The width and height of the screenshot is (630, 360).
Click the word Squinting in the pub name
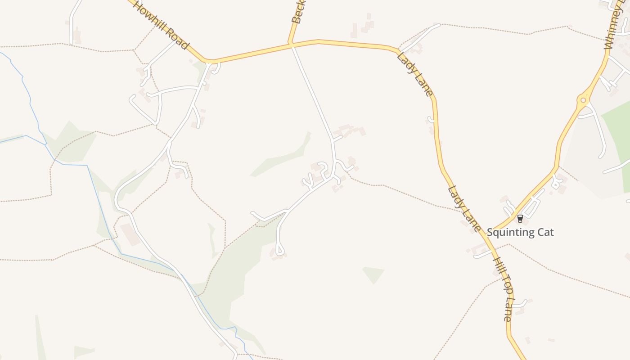(x=508, y=233)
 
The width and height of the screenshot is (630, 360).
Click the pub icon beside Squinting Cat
(x=520, y=219)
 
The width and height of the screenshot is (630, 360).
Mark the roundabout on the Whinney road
(x=583, y=100)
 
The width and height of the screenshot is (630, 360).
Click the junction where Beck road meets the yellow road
(x=291, y=44)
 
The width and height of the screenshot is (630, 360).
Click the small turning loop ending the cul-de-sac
(x=279, y=250)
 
